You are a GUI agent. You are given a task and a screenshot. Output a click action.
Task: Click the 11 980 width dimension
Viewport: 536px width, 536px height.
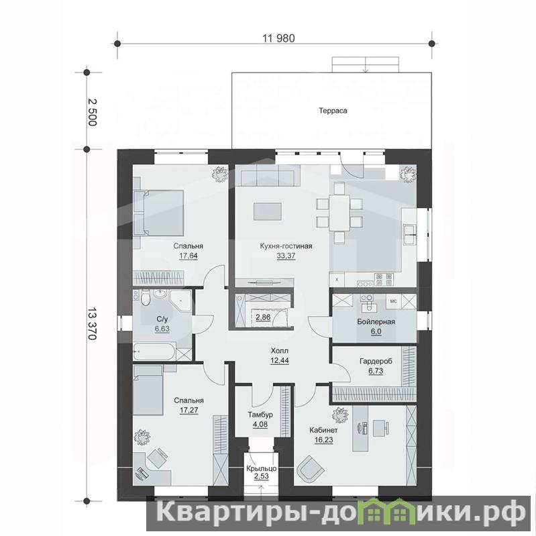[278, 38]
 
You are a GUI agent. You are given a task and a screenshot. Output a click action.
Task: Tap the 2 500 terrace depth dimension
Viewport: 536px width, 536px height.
[93, 112]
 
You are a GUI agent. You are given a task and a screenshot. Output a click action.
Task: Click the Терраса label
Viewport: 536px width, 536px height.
[333, 111]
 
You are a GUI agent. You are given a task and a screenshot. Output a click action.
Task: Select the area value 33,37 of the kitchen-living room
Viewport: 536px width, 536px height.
[286, 256]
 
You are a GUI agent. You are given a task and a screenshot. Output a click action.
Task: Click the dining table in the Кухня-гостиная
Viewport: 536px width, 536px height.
[339, 213]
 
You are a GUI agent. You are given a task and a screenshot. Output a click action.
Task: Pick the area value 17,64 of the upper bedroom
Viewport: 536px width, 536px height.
[189, 256]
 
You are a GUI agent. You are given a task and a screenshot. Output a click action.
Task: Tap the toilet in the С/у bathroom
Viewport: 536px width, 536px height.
[146, 297]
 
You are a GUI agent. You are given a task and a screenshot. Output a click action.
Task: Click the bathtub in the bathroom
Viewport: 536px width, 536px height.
[154, 352]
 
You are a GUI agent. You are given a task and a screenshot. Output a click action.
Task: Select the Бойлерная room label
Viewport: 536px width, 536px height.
[376, 322]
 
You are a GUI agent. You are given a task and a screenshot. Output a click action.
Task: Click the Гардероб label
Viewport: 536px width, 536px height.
[376, 361]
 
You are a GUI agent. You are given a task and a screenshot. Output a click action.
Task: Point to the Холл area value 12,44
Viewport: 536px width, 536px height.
[280, 360]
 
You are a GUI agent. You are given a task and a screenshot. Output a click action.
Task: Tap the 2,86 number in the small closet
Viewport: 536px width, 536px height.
[263, 317]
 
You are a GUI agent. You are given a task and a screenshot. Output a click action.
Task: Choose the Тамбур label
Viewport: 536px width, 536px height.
[260, 415]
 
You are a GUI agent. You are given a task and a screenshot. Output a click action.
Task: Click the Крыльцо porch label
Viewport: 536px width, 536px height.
[262, 468]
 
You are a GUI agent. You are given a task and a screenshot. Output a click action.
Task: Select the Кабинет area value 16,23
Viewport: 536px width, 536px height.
[323, 440]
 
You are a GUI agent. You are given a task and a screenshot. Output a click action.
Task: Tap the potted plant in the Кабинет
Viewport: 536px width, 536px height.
[341, 415]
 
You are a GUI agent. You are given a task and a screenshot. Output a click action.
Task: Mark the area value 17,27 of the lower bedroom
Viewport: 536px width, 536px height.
[189, 410]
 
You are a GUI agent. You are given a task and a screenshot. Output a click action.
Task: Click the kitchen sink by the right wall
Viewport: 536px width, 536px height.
[409, 234]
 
